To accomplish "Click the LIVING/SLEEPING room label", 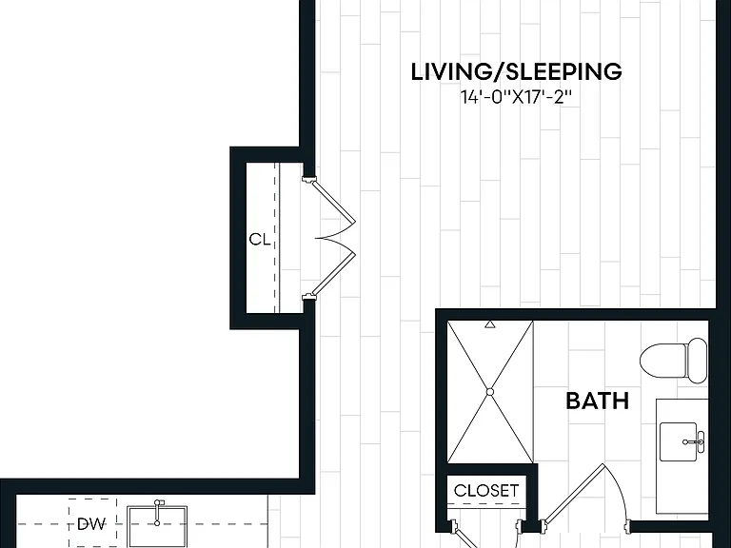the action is (517, 71).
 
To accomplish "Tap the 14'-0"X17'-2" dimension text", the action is (517, 98).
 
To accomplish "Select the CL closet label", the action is (260, 240).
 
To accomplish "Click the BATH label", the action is (597, 401).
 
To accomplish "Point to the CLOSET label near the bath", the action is (486, 490).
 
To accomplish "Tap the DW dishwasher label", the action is (91, 524).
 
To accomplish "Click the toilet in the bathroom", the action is (674, 362).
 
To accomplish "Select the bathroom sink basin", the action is (679, 441).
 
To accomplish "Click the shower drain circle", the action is (490, 392).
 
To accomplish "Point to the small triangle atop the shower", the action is (489, 324).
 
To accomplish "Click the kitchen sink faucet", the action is (158, 512).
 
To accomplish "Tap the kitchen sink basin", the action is (157, 527).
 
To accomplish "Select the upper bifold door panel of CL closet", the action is (333, 202).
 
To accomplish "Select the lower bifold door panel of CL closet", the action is (333, 274).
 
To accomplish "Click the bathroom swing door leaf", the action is (574, 493).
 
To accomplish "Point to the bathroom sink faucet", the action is (695, 440).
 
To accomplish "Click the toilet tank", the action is (698, 362).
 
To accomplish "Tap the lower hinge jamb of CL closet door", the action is (308, 297).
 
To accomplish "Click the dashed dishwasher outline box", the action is (92, 523).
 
